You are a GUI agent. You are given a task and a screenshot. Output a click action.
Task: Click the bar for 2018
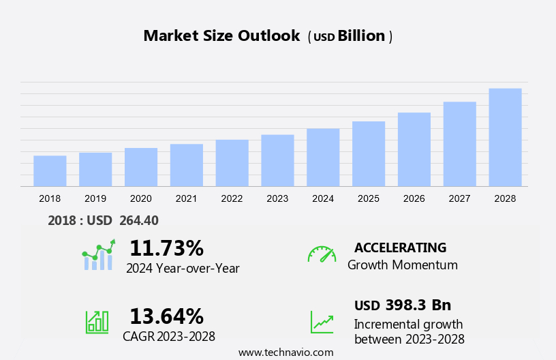50,170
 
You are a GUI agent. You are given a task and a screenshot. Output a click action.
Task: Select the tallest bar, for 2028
505,137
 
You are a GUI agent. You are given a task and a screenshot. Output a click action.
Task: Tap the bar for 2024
323,157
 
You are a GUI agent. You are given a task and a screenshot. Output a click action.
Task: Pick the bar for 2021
187,164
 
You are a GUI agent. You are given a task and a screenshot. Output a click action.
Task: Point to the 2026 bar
414,149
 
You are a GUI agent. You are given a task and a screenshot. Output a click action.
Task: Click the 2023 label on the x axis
277,198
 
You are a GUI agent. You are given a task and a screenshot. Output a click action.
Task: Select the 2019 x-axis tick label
95,198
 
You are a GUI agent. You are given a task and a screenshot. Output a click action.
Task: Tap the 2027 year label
460,198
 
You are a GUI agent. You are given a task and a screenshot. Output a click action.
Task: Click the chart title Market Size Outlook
221,36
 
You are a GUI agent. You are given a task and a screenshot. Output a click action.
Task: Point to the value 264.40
139,220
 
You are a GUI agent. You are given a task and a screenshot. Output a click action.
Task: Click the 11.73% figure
166,247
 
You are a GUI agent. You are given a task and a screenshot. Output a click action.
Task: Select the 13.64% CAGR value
166,316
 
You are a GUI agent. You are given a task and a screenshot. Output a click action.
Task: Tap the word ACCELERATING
400,247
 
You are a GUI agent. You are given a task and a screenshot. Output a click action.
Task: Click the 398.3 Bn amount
418,305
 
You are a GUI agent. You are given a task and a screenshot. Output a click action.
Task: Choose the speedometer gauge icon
322,254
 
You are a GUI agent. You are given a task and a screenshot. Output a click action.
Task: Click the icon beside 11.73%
99,255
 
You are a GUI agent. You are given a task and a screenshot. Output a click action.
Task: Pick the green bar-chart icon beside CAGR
97,321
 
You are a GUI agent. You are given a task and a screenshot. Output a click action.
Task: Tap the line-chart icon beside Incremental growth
322,321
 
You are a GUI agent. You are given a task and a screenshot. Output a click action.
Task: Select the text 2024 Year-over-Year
183,268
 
